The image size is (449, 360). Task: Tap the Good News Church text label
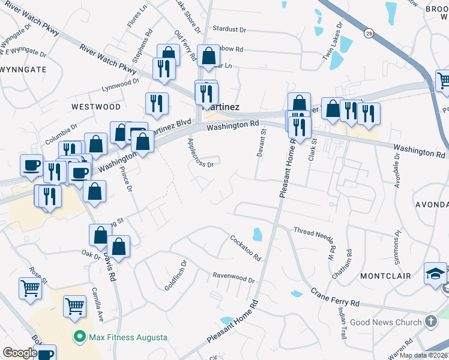pyautogui.click(x=386, y=322)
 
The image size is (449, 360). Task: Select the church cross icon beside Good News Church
pyautogui.click(x=430, y=322)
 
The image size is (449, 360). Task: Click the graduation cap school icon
pyautogui.click(x=435, y=274)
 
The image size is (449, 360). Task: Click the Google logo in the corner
pyautogui.click(x=19, y=353)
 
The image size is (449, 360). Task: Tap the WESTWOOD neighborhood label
pyautogui.click(x=96, y=106)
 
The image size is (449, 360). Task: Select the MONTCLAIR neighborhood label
pyautogui.click(x=385, y=276)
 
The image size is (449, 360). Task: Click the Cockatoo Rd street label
pyautogui.click(x=246, y=247)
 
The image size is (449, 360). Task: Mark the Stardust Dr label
pyautogui.click(x=229, y=29)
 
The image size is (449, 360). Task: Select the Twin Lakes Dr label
pyautogui.click(x=334, y=41)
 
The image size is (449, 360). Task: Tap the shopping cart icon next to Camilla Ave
pyautogui.click(x=74, y=306)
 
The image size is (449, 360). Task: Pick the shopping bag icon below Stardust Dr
pyautogui.click(x=208, y=58)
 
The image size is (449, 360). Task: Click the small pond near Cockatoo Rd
pyautogui.click(x=258, y=234)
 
